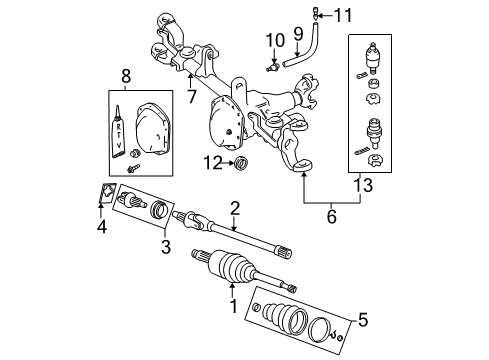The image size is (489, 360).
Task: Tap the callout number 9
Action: pyautogui.click(x=298, y=36)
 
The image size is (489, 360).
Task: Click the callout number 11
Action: pyautogui.click(x=344, y=15)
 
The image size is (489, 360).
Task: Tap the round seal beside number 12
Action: pyautogui.click(x=239, y=162)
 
